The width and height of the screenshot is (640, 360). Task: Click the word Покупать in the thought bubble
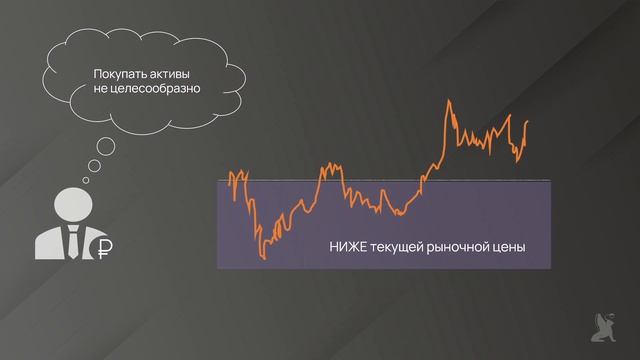[119, 73]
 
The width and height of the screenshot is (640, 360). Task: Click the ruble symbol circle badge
[103, 248]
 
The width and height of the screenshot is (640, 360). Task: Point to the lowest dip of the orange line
[261, 259]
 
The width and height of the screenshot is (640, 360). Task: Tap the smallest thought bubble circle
[85, 181]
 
